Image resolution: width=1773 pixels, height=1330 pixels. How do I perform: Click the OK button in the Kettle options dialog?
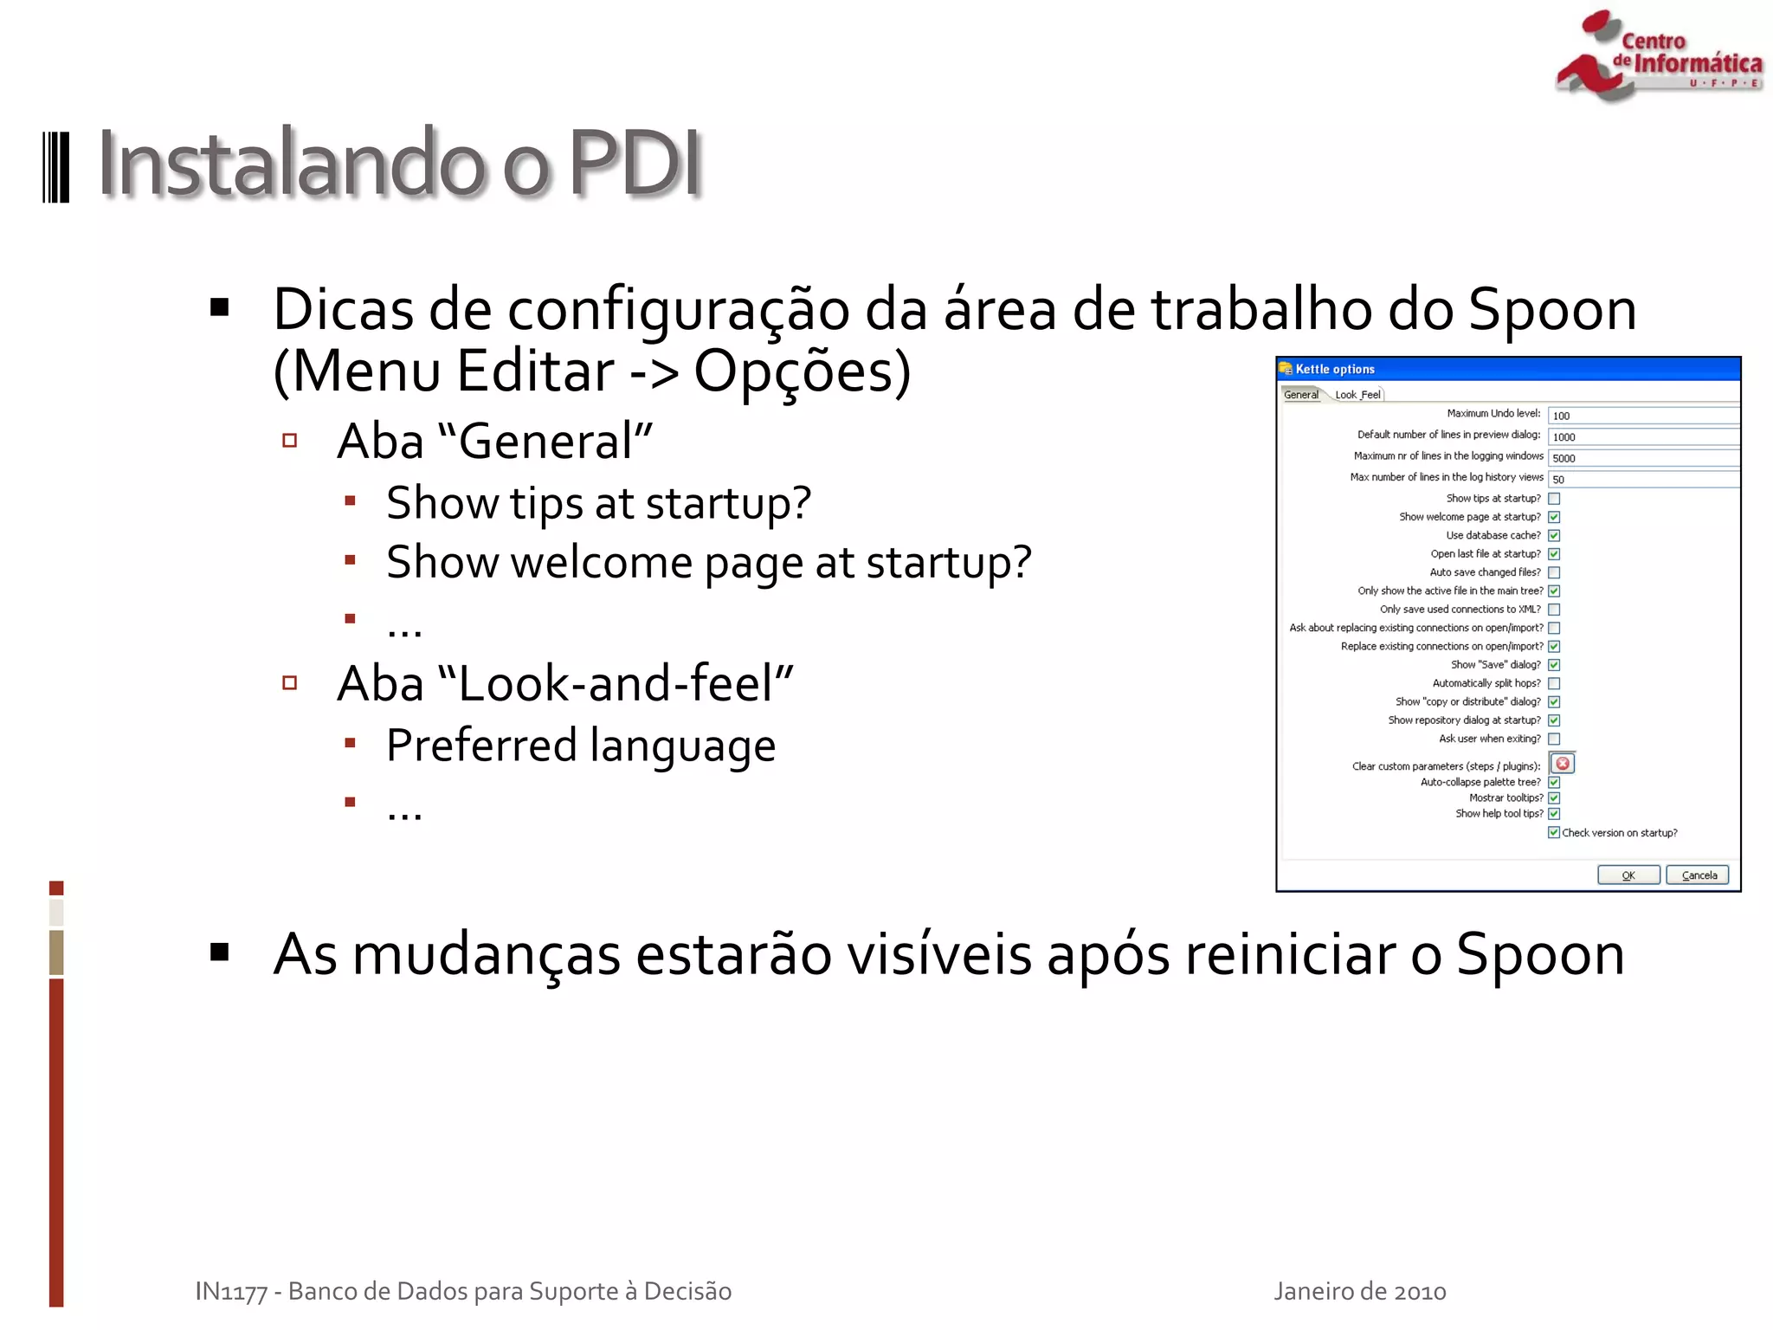1628,875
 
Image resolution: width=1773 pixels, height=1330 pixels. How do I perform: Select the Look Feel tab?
1357,395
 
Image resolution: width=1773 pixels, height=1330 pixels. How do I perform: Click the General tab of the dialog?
1300,395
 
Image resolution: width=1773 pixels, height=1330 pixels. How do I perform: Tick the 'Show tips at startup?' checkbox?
1554,499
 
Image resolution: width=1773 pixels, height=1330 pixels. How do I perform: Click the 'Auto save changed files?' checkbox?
1554,572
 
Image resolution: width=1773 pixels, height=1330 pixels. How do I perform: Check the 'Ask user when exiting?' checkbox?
1554,739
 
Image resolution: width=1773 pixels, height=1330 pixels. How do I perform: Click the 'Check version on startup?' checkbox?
1554,832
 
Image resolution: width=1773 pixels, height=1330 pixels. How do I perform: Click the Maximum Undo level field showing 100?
1643,416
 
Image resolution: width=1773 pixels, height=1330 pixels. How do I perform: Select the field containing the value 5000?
1643,458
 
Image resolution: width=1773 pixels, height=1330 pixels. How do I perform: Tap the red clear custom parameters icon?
1563,764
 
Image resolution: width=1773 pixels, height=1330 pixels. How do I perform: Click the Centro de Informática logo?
1658,56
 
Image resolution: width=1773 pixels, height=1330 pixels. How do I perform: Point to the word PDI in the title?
635,163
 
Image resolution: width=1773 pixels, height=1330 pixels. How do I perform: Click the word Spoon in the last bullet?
1539,954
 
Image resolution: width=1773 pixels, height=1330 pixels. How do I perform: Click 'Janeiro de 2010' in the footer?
1359,1291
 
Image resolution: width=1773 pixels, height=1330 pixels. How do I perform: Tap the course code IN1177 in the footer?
231,1291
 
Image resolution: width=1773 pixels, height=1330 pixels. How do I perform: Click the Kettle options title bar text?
1335,369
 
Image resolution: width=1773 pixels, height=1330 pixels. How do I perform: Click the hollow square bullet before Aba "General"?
290,441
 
